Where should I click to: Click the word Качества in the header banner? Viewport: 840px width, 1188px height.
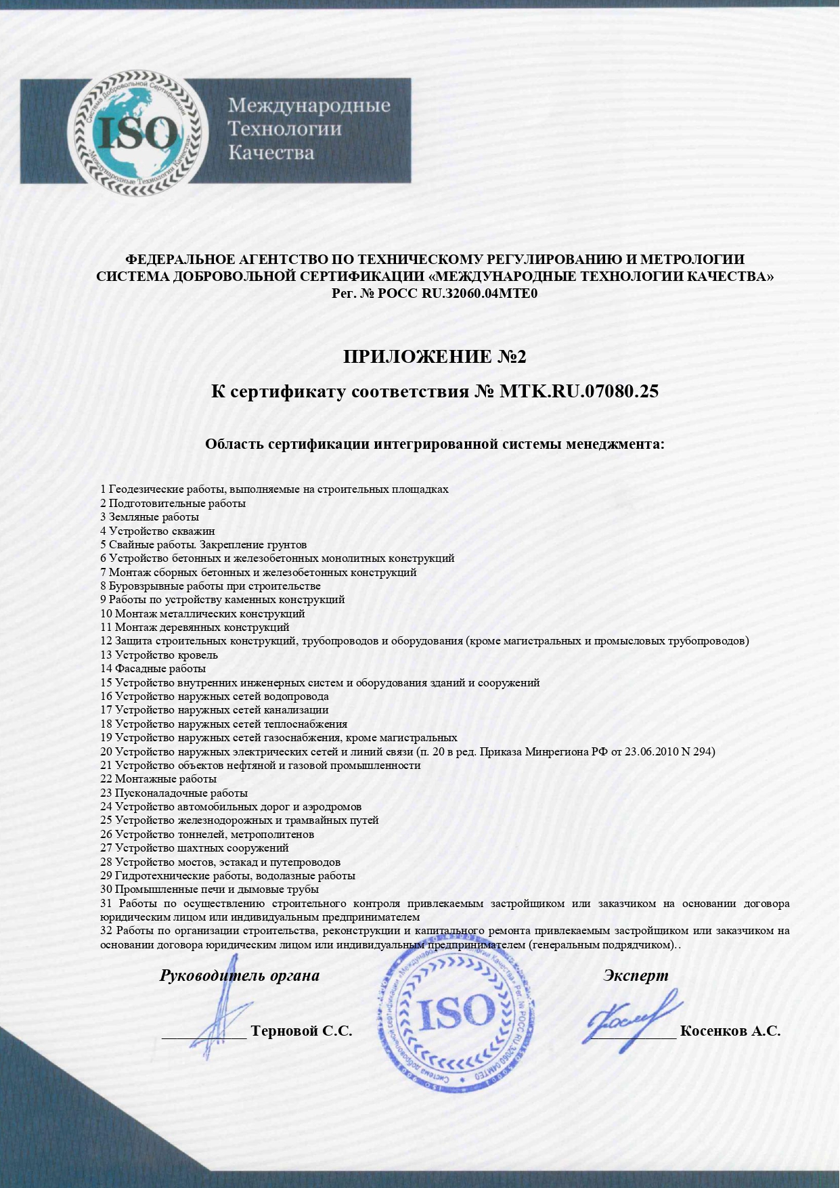tap(271, 152)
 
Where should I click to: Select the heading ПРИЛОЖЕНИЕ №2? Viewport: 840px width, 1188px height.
tap(434, 357)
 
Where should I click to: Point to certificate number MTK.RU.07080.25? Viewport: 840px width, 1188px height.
tap(578, 391)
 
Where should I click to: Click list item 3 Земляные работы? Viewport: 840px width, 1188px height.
tap(150, 517)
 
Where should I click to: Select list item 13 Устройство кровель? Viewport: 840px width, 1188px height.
tap(159, 655)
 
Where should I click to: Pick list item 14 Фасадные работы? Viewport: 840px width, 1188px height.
tap(153, 669)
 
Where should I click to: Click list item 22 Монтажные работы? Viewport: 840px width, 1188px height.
tap(158, 779)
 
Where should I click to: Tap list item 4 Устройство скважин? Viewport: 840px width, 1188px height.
tap(158, 531)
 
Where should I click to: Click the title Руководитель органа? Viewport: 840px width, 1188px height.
tap(240, 975)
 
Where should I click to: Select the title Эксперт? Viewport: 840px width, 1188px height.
tap(635, 975)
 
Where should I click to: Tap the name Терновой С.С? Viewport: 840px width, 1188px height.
tap(301, 1031)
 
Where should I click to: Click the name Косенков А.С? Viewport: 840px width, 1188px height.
tap(730, 1031)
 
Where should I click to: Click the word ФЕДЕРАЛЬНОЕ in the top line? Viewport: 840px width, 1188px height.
tap(180, 259)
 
